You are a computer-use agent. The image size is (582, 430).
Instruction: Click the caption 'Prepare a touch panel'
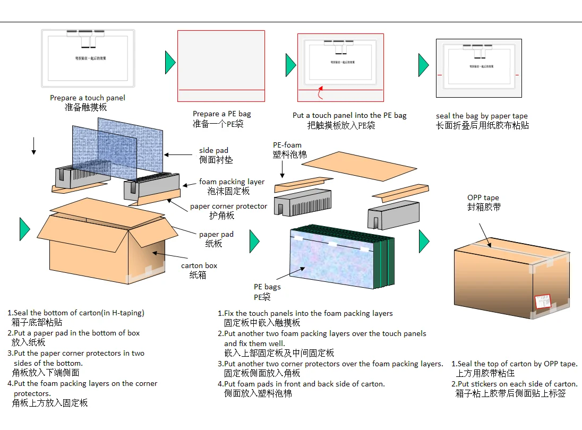pos(88,98)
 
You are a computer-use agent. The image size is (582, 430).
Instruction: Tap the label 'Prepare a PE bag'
pos(222,114)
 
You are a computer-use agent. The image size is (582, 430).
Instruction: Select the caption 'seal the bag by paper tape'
pos(482,116)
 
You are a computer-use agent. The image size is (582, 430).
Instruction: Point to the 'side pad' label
pos(213,151)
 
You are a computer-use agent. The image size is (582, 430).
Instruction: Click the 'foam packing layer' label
pos(232,182)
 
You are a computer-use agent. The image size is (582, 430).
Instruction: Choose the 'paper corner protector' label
pos(228,206)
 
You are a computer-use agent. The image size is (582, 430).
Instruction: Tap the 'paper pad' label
pos(216,234)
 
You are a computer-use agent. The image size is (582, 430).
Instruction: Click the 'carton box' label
pos(199,265)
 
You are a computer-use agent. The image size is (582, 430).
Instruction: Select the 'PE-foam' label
pos(287,145)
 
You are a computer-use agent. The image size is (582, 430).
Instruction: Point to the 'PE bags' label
pos(267,287)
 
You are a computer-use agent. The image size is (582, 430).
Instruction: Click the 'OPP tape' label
pos(483,198)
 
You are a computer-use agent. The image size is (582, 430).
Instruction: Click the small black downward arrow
pos(33,145)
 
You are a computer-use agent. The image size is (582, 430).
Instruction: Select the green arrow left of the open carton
pos(24,229)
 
